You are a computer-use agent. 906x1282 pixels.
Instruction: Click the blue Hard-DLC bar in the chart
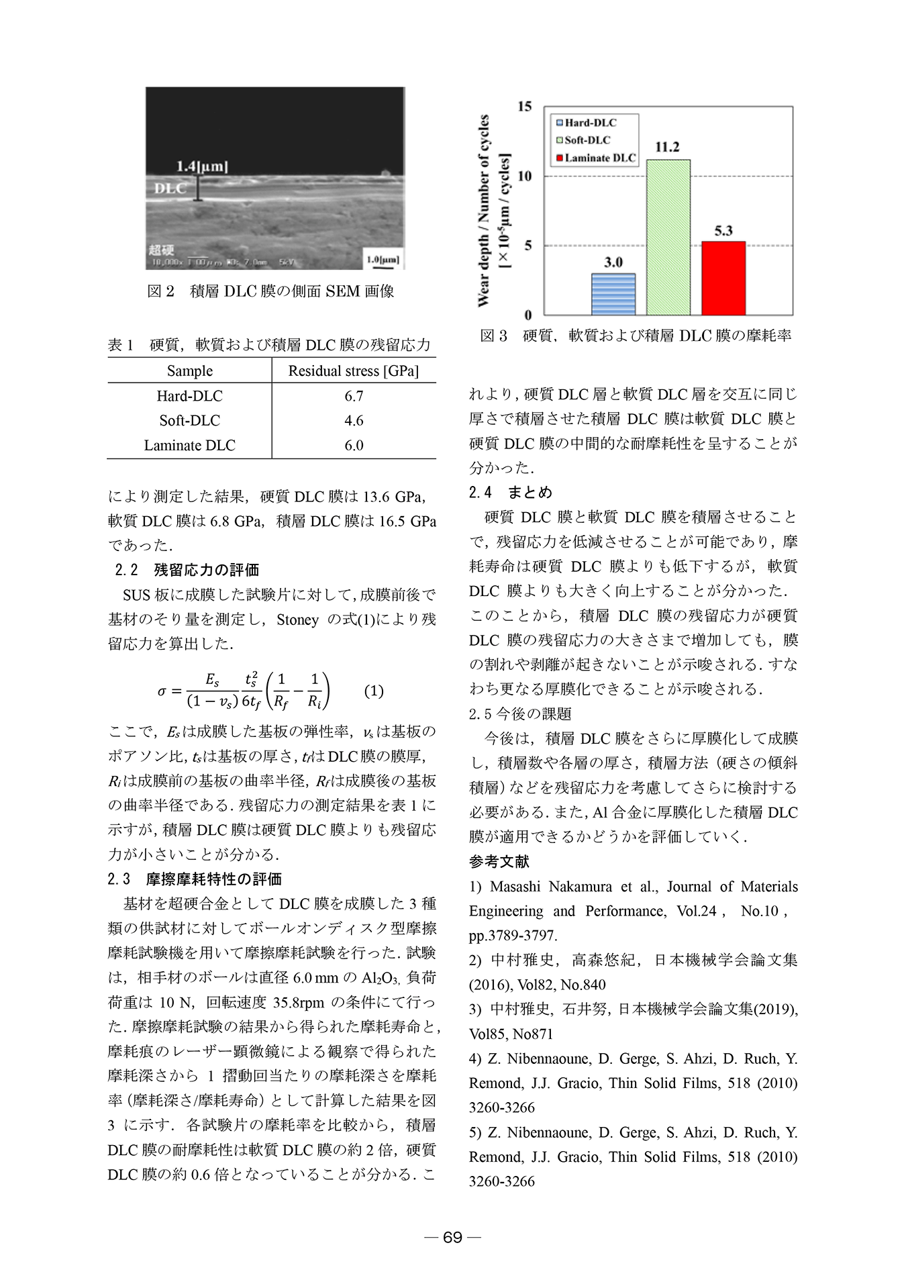tap(613, 294)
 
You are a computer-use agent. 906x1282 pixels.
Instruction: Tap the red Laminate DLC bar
tap(723, 278)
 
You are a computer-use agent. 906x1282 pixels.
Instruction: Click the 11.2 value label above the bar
tap(667, 147)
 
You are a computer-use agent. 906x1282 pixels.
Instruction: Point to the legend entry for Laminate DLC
tap(596, 158)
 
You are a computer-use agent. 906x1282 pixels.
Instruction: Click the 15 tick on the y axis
tap(525, 107)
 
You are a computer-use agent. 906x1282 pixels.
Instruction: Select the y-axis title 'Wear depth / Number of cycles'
tap(483, 211)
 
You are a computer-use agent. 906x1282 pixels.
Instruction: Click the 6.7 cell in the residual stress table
tap(354, 396)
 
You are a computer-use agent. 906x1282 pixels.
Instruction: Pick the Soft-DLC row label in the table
tap(190, 420)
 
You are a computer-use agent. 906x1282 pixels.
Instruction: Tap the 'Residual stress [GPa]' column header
tap(354, 371)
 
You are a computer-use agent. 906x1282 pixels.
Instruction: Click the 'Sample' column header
tap(190, 371)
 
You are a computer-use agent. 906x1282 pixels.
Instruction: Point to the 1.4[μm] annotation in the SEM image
tap(201, 166)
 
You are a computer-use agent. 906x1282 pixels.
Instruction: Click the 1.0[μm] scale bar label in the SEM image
tap(383, 260)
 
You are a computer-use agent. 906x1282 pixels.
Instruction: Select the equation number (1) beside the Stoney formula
tap(374, 691)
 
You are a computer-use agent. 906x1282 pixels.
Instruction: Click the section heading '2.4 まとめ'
tap(510, 492)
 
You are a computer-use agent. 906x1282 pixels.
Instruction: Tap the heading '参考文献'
tap(499, 861)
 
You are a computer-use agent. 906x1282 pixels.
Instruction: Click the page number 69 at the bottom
tap(453, 1237)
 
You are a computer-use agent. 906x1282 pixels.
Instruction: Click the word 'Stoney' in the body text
tap(297, 620)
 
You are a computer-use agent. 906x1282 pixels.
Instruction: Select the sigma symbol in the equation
tap(162, 691)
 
